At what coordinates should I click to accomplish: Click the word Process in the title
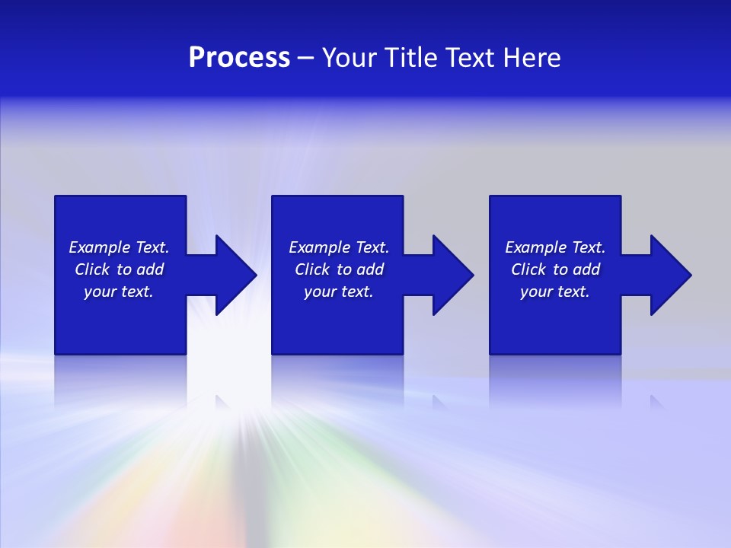tap(239, 58)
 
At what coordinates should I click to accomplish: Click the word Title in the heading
tap(410, 58)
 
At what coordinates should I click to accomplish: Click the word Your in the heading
tap(349, 58)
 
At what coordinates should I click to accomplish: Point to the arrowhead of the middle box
tap(452, 275)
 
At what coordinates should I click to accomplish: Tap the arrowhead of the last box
tap(669, 275)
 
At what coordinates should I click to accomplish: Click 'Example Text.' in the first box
tap(119, 247)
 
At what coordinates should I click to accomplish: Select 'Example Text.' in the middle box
tap(339, 247)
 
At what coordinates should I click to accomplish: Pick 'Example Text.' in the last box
tap(555, 247)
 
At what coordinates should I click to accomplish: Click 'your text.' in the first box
tap(119, 292)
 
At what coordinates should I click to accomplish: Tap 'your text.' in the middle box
tap(339, 292)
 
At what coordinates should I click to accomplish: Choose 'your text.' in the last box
tap(555, 292)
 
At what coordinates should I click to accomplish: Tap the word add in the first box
tap(151, 269)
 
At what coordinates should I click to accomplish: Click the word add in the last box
tap(587, 269)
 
